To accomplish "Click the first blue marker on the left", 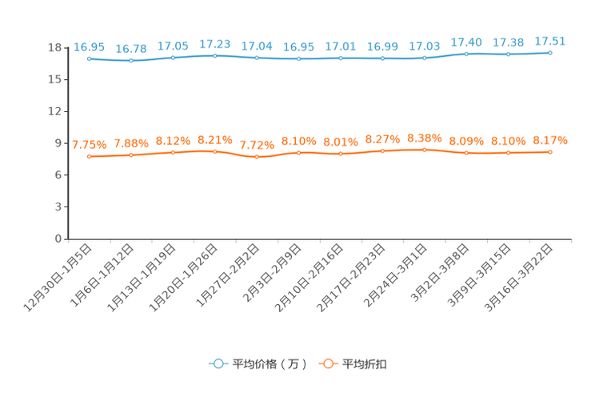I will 89,58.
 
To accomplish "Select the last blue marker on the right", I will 550,53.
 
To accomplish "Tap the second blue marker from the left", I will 131,61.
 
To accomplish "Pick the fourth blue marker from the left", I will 215,55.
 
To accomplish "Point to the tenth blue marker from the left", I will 466,54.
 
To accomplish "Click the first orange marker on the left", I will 89,156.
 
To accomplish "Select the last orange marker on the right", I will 550,152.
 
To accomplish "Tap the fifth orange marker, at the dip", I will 257,157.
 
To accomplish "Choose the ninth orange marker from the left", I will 425,150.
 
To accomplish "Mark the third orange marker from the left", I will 173,152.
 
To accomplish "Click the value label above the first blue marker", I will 89,46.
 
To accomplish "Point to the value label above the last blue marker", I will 550,41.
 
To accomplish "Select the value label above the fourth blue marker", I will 215,43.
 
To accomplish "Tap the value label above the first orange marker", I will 89,145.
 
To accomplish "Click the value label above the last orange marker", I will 550,141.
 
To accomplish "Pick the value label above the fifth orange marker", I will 257,145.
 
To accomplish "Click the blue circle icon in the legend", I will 218,363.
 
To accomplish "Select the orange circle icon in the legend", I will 326,363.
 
